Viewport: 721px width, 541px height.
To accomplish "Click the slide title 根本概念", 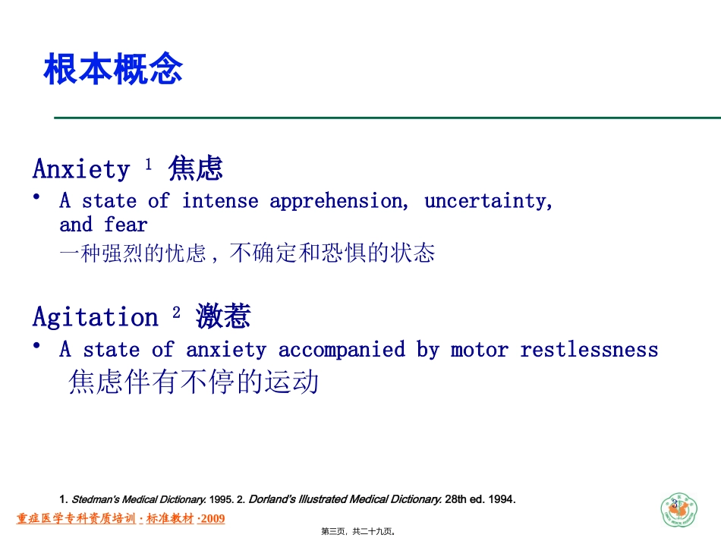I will click(x=113, y=70).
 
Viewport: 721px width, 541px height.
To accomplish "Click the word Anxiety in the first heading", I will click(x=81, y=169).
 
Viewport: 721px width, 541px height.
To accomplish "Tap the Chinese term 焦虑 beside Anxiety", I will click(x=195, y=168).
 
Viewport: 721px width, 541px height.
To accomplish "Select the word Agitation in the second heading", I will click(x=96, y=317).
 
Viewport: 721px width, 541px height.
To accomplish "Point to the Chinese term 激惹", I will click(x=223, y=316).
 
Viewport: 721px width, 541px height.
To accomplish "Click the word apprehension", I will click(x=336, y=202).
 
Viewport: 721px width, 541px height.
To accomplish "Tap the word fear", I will click(x=126, y=225).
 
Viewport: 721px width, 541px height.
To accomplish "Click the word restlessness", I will click(x=589, y=350).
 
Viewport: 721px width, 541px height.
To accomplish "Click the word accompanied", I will click(x=341, y=350).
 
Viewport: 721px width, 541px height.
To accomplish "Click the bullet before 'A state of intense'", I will click(x=37, y=197).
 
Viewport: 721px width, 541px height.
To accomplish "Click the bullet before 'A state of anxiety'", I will click(x=37, y=345).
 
